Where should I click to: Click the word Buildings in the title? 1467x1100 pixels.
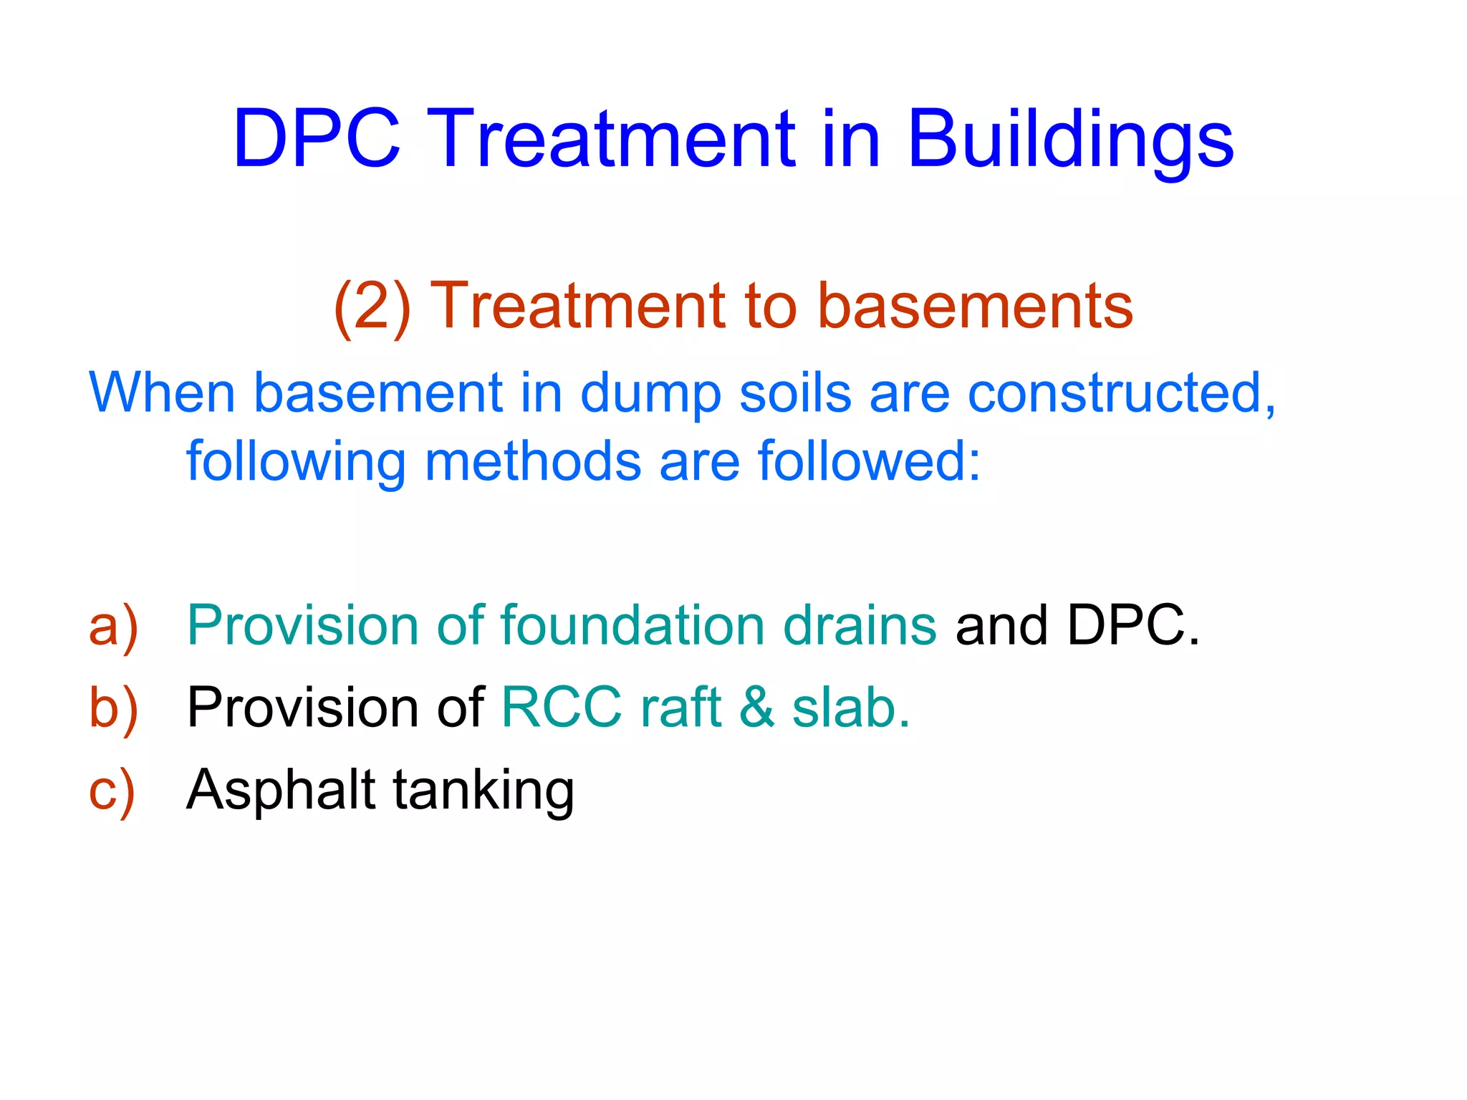point(1070,140)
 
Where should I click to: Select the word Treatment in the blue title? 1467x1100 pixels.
point(615,140)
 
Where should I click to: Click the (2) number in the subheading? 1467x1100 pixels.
point(372,307)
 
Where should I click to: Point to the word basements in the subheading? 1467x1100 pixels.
point(975,307)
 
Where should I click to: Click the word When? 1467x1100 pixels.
point(162,393)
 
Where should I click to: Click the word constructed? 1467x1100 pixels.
point(1120,393)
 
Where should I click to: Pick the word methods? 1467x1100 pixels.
point(533,462)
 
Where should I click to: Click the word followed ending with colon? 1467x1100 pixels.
point(868,462)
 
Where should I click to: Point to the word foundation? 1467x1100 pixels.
point(633,625)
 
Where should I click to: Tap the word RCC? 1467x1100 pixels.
point(562,708)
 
